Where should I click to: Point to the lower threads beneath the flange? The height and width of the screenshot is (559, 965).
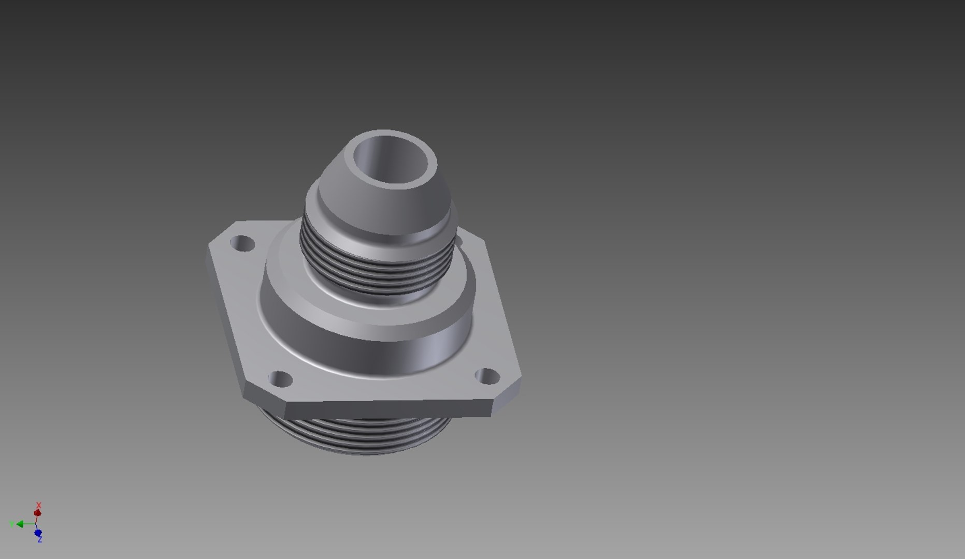pos(357,435)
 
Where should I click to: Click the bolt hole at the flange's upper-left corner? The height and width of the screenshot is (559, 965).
pos(242,243)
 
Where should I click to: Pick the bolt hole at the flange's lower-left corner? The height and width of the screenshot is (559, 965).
pos(281,379)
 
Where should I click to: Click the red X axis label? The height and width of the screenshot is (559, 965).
pos(38,505)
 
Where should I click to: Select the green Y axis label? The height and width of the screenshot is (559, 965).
pos(11,524)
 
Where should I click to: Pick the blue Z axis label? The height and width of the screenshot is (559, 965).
pos(40,540)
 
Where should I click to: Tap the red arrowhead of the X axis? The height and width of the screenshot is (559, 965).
pos(37,513)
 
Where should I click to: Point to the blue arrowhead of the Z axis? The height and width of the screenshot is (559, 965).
pos(38,533)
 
